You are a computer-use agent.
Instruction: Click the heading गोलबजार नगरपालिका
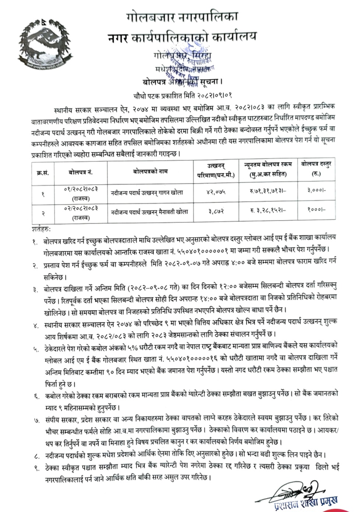pos(182,17)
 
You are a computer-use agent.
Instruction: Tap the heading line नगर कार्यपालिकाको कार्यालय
pos(182,37)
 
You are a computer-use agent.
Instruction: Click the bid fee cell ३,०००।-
pos(316,193)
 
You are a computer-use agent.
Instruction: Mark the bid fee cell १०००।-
pos(316,211)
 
